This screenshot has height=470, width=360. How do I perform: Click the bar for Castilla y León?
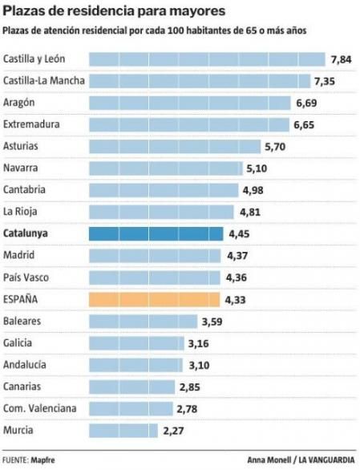[207, 59]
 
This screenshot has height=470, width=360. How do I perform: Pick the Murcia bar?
[122, 430]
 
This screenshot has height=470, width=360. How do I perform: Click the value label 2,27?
[174, 431]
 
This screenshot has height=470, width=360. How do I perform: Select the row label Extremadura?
[31, 124]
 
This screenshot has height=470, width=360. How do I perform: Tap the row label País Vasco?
[27, 277]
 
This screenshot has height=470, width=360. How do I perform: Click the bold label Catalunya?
[27, 233]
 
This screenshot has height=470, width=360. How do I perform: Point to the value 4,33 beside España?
[237, 299]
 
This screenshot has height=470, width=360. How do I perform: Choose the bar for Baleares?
[142, 321]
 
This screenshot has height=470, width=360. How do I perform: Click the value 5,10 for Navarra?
[258, 168]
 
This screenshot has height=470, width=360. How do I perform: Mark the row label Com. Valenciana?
[40, 408]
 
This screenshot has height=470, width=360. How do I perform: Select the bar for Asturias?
[175, 146]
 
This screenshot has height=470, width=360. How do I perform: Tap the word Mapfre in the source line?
[43, 460]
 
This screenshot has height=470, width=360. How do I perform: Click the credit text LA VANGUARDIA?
[328, 460]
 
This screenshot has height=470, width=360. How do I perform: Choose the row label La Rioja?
[21, 212]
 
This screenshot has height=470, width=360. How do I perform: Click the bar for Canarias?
[131, 387]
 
